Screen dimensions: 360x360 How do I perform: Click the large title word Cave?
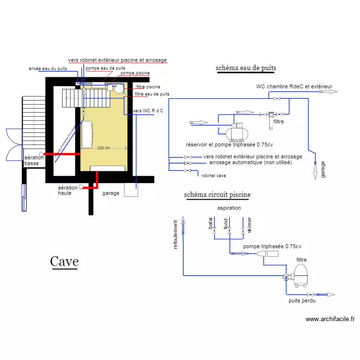click(64, 262)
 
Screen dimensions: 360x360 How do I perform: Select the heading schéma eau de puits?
click(246, 68)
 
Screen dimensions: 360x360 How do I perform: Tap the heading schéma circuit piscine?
click(217, 195)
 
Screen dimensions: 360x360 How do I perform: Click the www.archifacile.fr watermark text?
click(330, 319)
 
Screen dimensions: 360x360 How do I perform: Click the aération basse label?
click(34, 161)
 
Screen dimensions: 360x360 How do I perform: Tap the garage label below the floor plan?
click(111, 194)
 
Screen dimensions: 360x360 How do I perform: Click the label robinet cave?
click(214, 176)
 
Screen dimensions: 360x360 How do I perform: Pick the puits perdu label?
click(302, 300)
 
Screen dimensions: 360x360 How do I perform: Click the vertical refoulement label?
click(176, 234)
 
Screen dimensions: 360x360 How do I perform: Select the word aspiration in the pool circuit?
click(229, 208)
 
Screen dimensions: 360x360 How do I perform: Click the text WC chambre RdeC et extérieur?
click(294, 87)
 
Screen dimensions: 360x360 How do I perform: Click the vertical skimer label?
click(250, 225)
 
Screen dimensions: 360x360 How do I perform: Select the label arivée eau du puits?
click(48, 69)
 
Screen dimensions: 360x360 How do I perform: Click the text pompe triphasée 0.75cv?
click(272, 246)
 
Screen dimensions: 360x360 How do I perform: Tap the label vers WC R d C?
click(148, 111)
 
